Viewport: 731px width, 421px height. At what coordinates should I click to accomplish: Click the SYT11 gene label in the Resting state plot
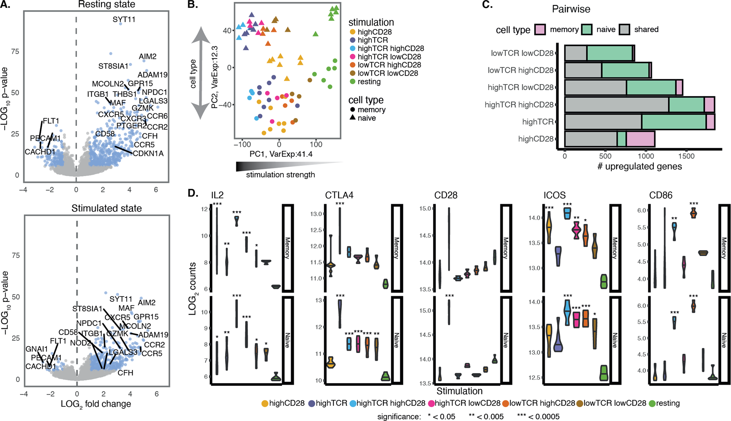[124, 19]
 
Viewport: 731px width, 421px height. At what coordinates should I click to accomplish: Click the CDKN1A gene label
[148, 153]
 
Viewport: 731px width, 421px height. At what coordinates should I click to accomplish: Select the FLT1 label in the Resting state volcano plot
[51, 121]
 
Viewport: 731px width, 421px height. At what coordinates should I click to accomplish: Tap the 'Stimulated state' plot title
[106, 208]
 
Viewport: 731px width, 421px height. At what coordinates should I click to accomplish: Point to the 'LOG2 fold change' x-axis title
[96, 404]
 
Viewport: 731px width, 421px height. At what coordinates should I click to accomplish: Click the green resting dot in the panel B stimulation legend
[352, 82]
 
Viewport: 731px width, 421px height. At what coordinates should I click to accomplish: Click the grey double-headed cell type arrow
[200, 73]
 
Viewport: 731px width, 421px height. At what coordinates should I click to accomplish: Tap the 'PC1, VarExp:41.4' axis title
[281, 154]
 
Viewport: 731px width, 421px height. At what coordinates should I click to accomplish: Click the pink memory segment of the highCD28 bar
[640, 139]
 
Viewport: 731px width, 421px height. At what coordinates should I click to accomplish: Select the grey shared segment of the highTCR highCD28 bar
[616, 104]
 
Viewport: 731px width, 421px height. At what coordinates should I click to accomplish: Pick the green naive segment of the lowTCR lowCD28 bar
[609, 53]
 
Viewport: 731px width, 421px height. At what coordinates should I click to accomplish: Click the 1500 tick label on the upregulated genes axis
[686, 156]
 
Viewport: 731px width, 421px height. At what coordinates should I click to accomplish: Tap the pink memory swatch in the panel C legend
[540, 30]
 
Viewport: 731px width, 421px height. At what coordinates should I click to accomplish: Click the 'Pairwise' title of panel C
[571, 9]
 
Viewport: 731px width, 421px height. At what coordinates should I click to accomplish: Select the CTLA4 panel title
[339, 195]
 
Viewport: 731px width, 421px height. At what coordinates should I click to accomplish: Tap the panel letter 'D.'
[193, 194]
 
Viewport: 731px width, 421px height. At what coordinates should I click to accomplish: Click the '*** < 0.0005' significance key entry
[538, 416]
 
